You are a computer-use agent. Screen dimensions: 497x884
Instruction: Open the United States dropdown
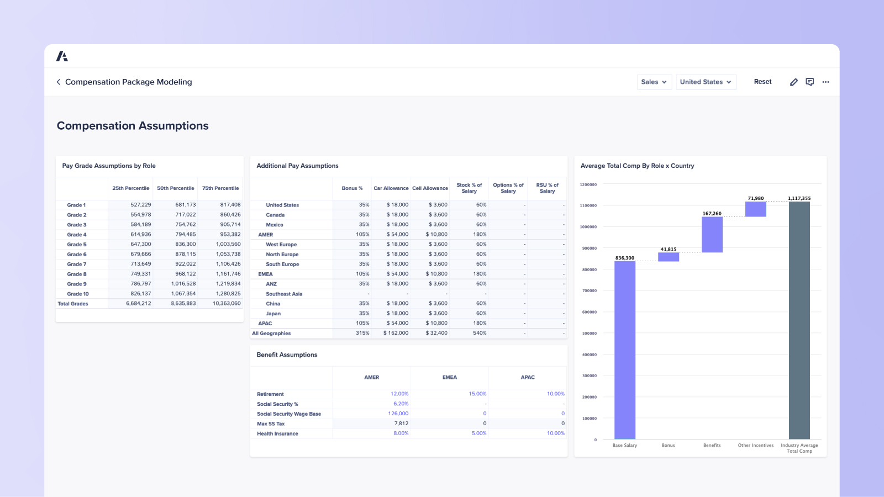(x=706, y=82)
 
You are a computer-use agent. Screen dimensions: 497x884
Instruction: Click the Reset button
(x=762, y=82)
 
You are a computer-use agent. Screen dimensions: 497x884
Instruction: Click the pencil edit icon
(x=793, y=82)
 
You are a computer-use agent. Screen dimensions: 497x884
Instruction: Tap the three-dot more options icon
(x=825, y=82)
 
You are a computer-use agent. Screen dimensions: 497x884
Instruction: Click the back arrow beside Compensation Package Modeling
(x=59, y=82)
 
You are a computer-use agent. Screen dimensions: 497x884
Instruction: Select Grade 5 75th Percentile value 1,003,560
(x=228, y=244)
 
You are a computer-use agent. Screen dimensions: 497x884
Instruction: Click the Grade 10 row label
(x=78, y=294)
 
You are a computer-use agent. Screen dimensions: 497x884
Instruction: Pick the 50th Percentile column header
(x=175, y=188)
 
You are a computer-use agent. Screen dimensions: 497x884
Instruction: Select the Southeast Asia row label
(x=284, y=294)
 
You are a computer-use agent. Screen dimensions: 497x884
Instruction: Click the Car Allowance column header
(x=391, y=188)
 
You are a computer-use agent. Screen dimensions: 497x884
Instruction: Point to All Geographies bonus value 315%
(x=362, y=333)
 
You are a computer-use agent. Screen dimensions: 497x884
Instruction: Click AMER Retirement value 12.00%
(x=399, y=394)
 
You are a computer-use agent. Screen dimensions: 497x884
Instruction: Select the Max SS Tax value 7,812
(x=401, y=424)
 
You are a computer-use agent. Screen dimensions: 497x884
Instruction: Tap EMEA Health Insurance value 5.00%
(x=478, y=433)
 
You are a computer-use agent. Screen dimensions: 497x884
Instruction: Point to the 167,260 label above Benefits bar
(x=712, y=213)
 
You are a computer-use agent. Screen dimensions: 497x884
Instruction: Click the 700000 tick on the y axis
(x=588, y=290)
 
